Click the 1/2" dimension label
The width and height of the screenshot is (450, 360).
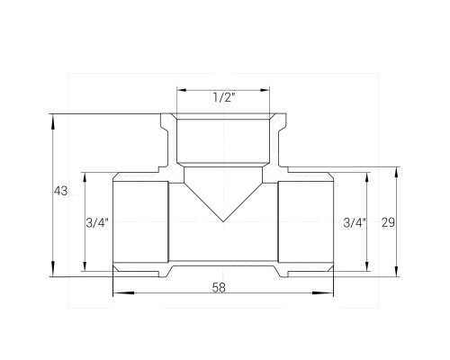pyautogui.click(x=224, y=97)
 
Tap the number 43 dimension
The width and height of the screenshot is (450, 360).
pyautogui.click(x=61, y=191)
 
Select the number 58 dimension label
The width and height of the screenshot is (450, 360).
pyautogui.click(x=219, y=287)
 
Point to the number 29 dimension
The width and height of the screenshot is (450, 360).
pyautogui.click(x=388, y=222)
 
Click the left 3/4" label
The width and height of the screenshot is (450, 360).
pyautogui.click(x=97, y=223)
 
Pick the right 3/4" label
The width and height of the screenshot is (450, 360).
pyautogui.click(x=355, y=223)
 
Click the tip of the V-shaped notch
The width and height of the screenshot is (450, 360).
pyautogui.click(x=223, y=221)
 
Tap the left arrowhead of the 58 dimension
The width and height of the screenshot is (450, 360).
pyautogui.click(x=123, y=292)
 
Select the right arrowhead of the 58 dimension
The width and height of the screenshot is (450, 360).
pyautogui.click(x=323, y=292)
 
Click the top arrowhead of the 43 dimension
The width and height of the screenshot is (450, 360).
pyautogui.click(x=53, y=122)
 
